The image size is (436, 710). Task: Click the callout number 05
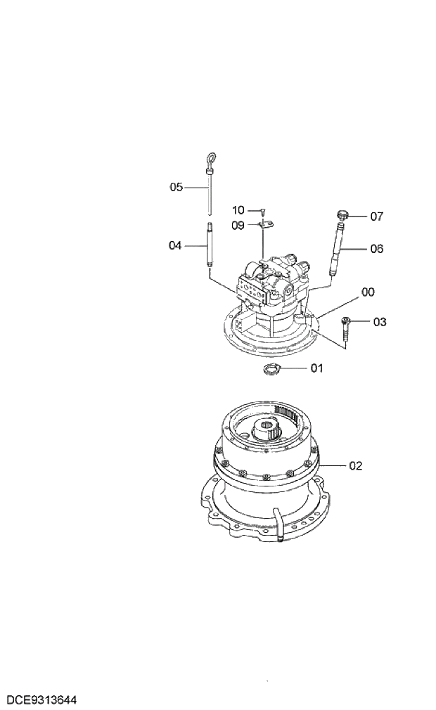(x=176, y=187)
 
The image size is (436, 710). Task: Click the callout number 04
(x=175, y=245)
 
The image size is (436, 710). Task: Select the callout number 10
(x=238, y=210)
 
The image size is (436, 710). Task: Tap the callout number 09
(x=238, y=226)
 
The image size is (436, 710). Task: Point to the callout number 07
(x=377, y=217)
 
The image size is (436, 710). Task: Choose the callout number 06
(x=377, y=249)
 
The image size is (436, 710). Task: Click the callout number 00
(x=368, y=291)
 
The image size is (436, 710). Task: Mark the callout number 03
(x=380, y=323)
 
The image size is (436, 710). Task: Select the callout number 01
(x=316, y=368)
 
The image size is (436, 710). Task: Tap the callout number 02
(x=356, y=465)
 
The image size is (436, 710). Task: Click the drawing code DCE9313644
(x=41, y=700)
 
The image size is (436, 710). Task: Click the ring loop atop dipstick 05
(x=209, y=158)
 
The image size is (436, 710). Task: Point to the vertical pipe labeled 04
(x=209, y=245)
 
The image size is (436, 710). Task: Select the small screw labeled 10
(x=262, y=210)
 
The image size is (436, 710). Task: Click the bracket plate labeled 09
(x=265, y=224)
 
